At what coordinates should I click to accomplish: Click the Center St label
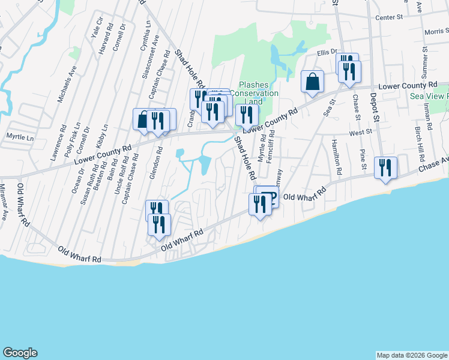pyautogui.click(x=388, y=18)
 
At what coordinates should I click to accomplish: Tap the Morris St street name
pyautogui.click(x=436, y=31)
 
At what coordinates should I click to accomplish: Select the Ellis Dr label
pyautogui.click(x=328, y=52)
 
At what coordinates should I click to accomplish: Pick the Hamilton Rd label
pyautogui.click(x=336, y=158)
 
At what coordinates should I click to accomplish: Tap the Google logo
pyautogui.click(x=20, y=353)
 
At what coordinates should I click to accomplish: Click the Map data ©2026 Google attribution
pyautogui.click(x=411, y=355)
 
